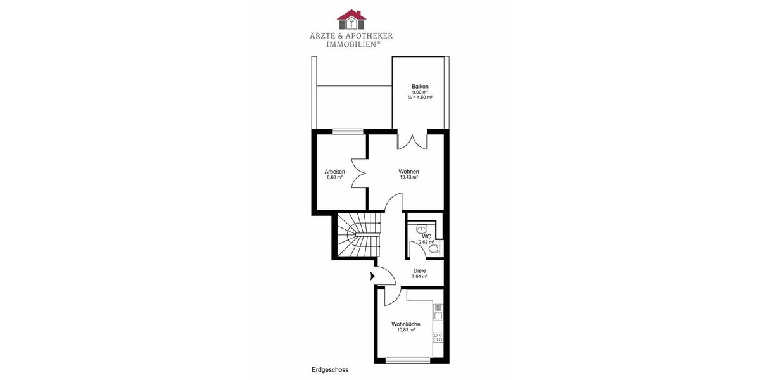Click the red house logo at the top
pyautogui.click(x=351, y=20)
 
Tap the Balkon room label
pyautogui.click(x=419, y=86)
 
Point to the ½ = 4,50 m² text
pyautogui.click(x=419, y=98)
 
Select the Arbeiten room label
pyautogui.click(x=334, y=172)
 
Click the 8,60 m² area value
pyautogui.click(x=334, y=178)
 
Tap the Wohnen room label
pyautogui.click(x=408, y=172)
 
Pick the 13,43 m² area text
pyautogui.click(x=408, y=178)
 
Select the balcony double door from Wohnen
pyautogui.click(x=412, y=141)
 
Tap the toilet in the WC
pyautogui.click(x=434, y=250)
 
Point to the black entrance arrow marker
pyautogui.click(x=372, y=275)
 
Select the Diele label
pyautogui.click(x=419, y=270)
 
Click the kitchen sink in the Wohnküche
pyautogui.click(x=437, y=312)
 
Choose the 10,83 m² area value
pyautogui.click(x=405, y=330)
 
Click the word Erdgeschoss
pyautogui.click(x=330, y=369)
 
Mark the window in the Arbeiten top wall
pyautogui.click(x=348, y=132)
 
